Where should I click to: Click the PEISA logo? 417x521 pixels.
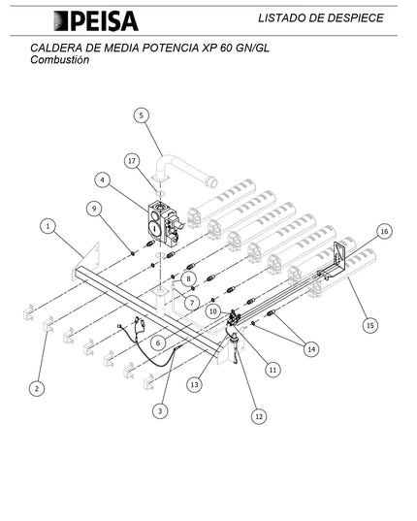pyautogui.click(x=96, y=21)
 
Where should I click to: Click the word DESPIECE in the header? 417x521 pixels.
pyautogui.click(x=356, y=17)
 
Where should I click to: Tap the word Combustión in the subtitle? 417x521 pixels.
pyautogui.click(x=60, y=60)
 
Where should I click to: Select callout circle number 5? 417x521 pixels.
pyautogui.click(x=142, y=115)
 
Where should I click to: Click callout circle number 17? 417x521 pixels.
pyautogui.click(x=132, y=161)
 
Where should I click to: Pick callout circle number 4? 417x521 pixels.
pyautogui.click(x=102, y=180)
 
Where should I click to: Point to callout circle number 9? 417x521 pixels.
pyautogui.click(x=94, y=209)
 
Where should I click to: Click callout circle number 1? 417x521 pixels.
pyautogui.click(x=48, y=226)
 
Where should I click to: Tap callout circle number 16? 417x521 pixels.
pyautogui.click(x=384, y=231)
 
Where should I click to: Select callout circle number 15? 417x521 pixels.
pyautogui.click(x=370, y=325)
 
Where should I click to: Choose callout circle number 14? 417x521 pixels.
pyautogui.click(x=311, y=349)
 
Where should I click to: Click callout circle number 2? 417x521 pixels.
pyautogui.click(x=37, y=388)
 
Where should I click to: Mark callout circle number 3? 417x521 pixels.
pyautogui.click(x=160, y=411)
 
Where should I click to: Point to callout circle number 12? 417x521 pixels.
pyautogui.click(x=259, y=416)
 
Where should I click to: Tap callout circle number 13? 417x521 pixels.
pyautogui.click(x=194, y=385)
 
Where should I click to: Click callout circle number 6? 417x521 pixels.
pyautogui.click(x=158, y=342)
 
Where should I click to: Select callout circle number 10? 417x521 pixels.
pyautogui.click(x=213, y=311)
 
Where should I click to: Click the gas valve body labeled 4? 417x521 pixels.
pyautogui.click(x=164, y=223)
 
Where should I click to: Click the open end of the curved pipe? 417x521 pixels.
pyautogui.click(x=212, y=182)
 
